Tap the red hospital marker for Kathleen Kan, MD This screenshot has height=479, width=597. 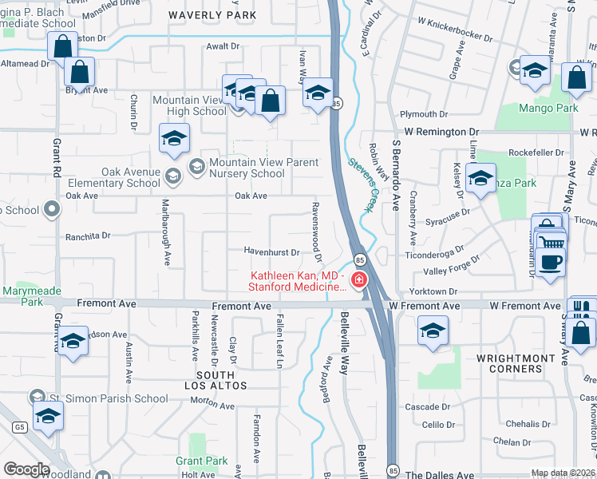coord(359,279)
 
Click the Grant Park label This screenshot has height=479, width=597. coord(202,461)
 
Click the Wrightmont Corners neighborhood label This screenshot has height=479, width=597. coord(520,364)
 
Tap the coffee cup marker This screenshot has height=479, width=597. coord(551,261)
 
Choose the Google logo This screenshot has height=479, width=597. coord(26,469)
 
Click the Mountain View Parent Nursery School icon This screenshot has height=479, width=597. coord(196,165)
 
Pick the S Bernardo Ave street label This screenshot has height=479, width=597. coord(396,176)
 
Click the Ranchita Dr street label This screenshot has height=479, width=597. coord(88,236)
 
